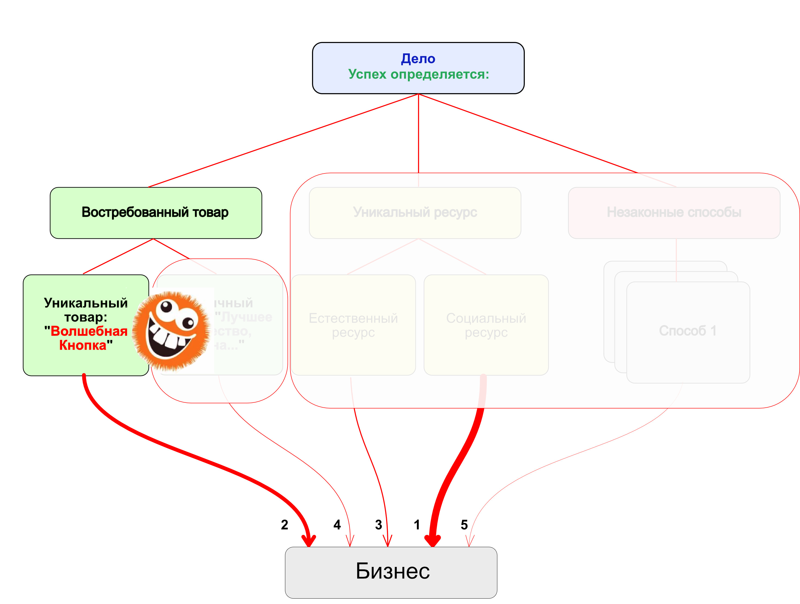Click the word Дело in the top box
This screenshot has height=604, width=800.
(x=418, y=59)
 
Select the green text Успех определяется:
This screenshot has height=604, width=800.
(x=419, y=74)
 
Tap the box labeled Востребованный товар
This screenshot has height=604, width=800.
(x=156, y=212)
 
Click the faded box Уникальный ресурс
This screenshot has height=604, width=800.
(x=415, y=212)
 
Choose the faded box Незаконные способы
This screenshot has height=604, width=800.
(x=674, y=212)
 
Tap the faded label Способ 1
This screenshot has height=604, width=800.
(x=687, y=331)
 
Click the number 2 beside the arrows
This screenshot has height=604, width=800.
(x=285, y=525)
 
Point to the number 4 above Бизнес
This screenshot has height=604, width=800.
(x=337, y=525)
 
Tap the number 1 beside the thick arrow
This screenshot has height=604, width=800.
(x=417, y=525)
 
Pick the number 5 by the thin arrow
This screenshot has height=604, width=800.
(x=464, y=525)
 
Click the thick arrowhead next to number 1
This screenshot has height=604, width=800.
(x=432, y=540)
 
